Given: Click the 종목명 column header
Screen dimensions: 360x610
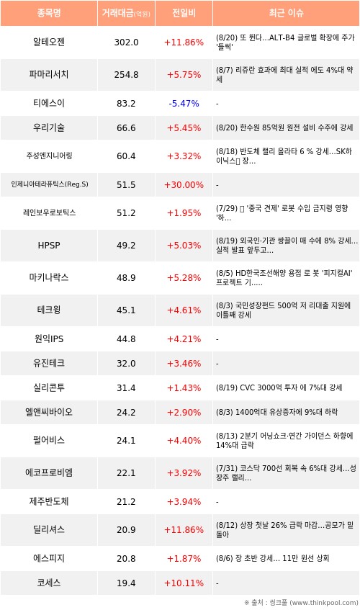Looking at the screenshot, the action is click(49, 13).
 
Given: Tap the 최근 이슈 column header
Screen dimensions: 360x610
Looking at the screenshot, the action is click(286, 13).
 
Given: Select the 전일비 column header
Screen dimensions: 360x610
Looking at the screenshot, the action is click(184, 13).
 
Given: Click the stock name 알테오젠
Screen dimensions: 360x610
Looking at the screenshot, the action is click(49, 42).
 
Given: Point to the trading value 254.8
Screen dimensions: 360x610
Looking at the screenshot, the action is click(126, 74).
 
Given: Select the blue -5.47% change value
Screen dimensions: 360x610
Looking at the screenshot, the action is click(184, 104).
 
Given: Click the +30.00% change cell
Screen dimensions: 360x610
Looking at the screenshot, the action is click(184, 185).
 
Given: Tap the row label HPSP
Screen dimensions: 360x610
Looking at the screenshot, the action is click(49, 246).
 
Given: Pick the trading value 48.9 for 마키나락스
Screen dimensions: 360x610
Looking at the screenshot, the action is click(126, 278).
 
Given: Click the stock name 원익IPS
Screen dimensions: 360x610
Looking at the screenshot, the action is click(49, 338).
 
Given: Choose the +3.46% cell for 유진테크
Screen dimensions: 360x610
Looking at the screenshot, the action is click(184, 364).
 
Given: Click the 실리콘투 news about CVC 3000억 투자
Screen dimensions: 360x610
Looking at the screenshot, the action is click(279, 387).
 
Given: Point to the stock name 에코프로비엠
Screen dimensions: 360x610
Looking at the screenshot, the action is click(49, 472).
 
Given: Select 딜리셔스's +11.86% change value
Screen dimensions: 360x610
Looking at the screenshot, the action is click(184, 530).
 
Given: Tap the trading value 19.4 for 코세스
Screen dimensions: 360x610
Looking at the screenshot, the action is click(126, 583).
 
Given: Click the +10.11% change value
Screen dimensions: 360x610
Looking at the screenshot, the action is click(184, 583).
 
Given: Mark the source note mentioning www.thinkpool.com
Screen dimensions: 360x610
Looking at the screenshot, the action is click(301, 603).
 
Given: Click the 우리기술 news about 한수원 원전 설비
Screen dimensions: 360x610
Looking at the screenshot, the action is click(284, 127).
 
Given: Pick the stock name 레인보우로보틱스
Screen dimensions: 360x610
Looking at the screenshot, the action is click(49, 212).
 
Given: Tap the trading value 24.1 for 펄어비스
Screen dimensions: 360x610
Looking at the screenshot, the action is click(126, 440).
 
